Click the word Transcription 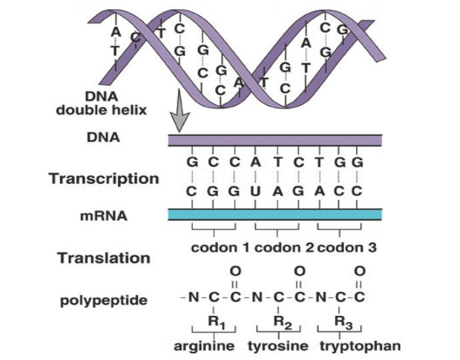click(x=103, y=179)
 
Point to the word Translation click(x=103, y=257)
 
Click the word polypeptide click(x=103, y=300)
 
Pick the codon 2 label click(x=282, y=248)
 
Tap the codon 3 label click(x=347, y=248)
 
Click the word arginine click(x=204, y=347)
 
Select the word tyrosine click(x=278, y=347)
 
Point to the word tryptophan click(x=360, y=347)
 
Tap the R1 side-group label click(x=215, y=321)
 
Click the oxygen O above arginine click(x=235, y=271)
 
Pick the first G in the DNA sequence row click(x=193, y=162)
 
